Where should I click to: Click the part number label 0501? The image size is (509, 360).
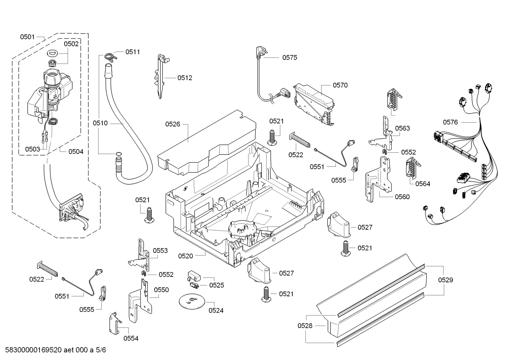(27, 37)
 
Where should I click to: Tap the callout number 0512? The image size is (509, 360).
(185, 78)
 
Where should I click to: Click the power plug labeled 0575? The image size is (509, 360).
(259, 53)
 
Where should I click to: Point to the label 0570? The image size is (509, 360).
(340, 85)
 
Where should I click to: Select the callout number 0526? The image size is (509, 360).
(173, 124)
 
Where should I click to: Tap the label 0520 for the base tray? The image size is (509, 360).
(185, 256)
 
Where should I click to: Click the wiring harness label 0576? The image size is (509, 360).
(450, 122)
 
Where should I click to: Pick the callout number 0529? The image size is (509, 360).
(445, 280)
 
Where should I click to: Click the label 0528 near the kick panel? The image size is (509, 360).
(305, 326)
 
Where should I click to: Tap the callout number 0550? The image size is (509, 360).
(161, 290)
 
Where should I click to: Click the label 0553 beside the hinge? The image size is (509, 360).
(160, 250)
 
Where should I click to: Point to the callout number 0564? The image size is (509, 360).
(423, 184)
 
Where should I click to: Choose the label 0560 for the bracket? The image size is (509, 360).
(402, 197)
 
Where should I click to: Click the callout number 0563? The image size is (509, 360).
(402, 128)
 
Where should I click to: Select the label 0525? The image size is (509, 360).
(216, 285)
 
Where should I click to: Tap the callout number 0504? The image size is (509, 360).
(76, 152)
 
